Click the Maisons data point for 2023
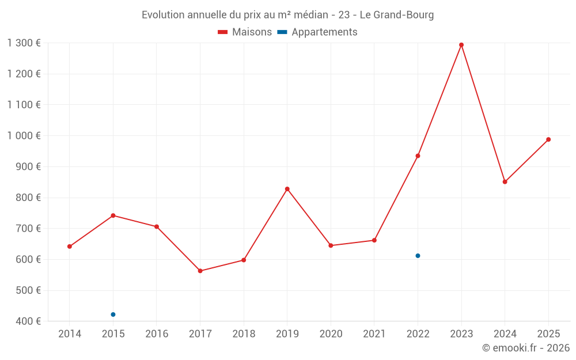pos(461,45)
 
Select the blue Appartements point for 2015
pos(113,314)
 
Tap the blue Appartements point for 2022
pos(418,256)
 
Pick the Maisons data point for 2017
pos(200,271)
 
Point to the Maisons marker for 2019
pos(287,189)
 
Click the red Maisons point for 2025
pos(548,139)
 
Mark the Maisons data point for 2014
pos(70,247)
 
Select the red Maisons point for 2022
pos(418,156)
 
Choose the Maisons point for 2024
pos(505,182)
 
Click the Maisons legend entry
pos(245,32)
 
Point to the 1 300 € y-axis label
pos(24,43)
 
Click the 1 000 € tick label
pos(24,136)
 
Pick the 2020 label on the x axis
pos(331,334)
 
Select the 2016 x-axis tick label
pos(157,334)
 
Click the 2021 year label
pos(374,334)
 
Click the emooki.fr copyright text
pos(525,348)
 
